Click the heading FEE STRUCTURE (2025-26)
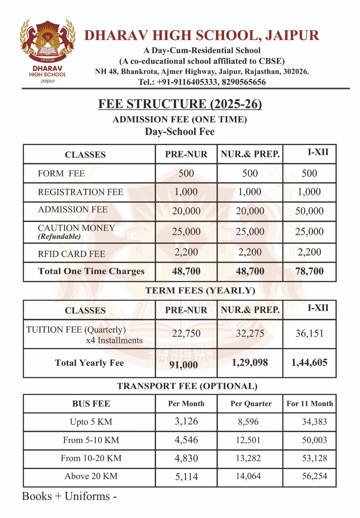[x=180, y=104]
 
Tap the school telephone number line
[x=202, y=82]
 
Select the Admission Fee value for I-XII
[x=309, y=211]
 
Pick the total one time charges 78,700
[x=309, y=271]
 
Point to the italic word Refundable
[x=59, y=236]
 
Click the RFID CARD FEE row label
[x=72, y=254]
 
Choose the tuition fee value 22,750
[x=186, y=333]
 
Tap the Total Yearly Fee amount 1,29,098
[x=250, y=363]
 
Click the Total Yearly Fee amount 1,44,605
[x=309, y=363]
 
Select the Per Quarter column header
[x=251, y=404]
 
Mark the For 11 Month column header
[x=309, y=404]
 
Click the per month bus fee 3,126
[x=186, y=422]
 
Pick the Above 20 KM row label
[x=91, y=476]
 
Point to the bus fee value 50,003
[x=314, y=440]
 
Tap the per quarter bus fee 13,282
[x=248, y=458]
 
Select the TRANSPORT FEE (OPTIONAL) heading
[x=187, y=386]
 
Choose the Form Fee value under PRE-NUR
[x=186, y=173]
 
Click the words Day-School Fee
[x=180, y=132]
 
